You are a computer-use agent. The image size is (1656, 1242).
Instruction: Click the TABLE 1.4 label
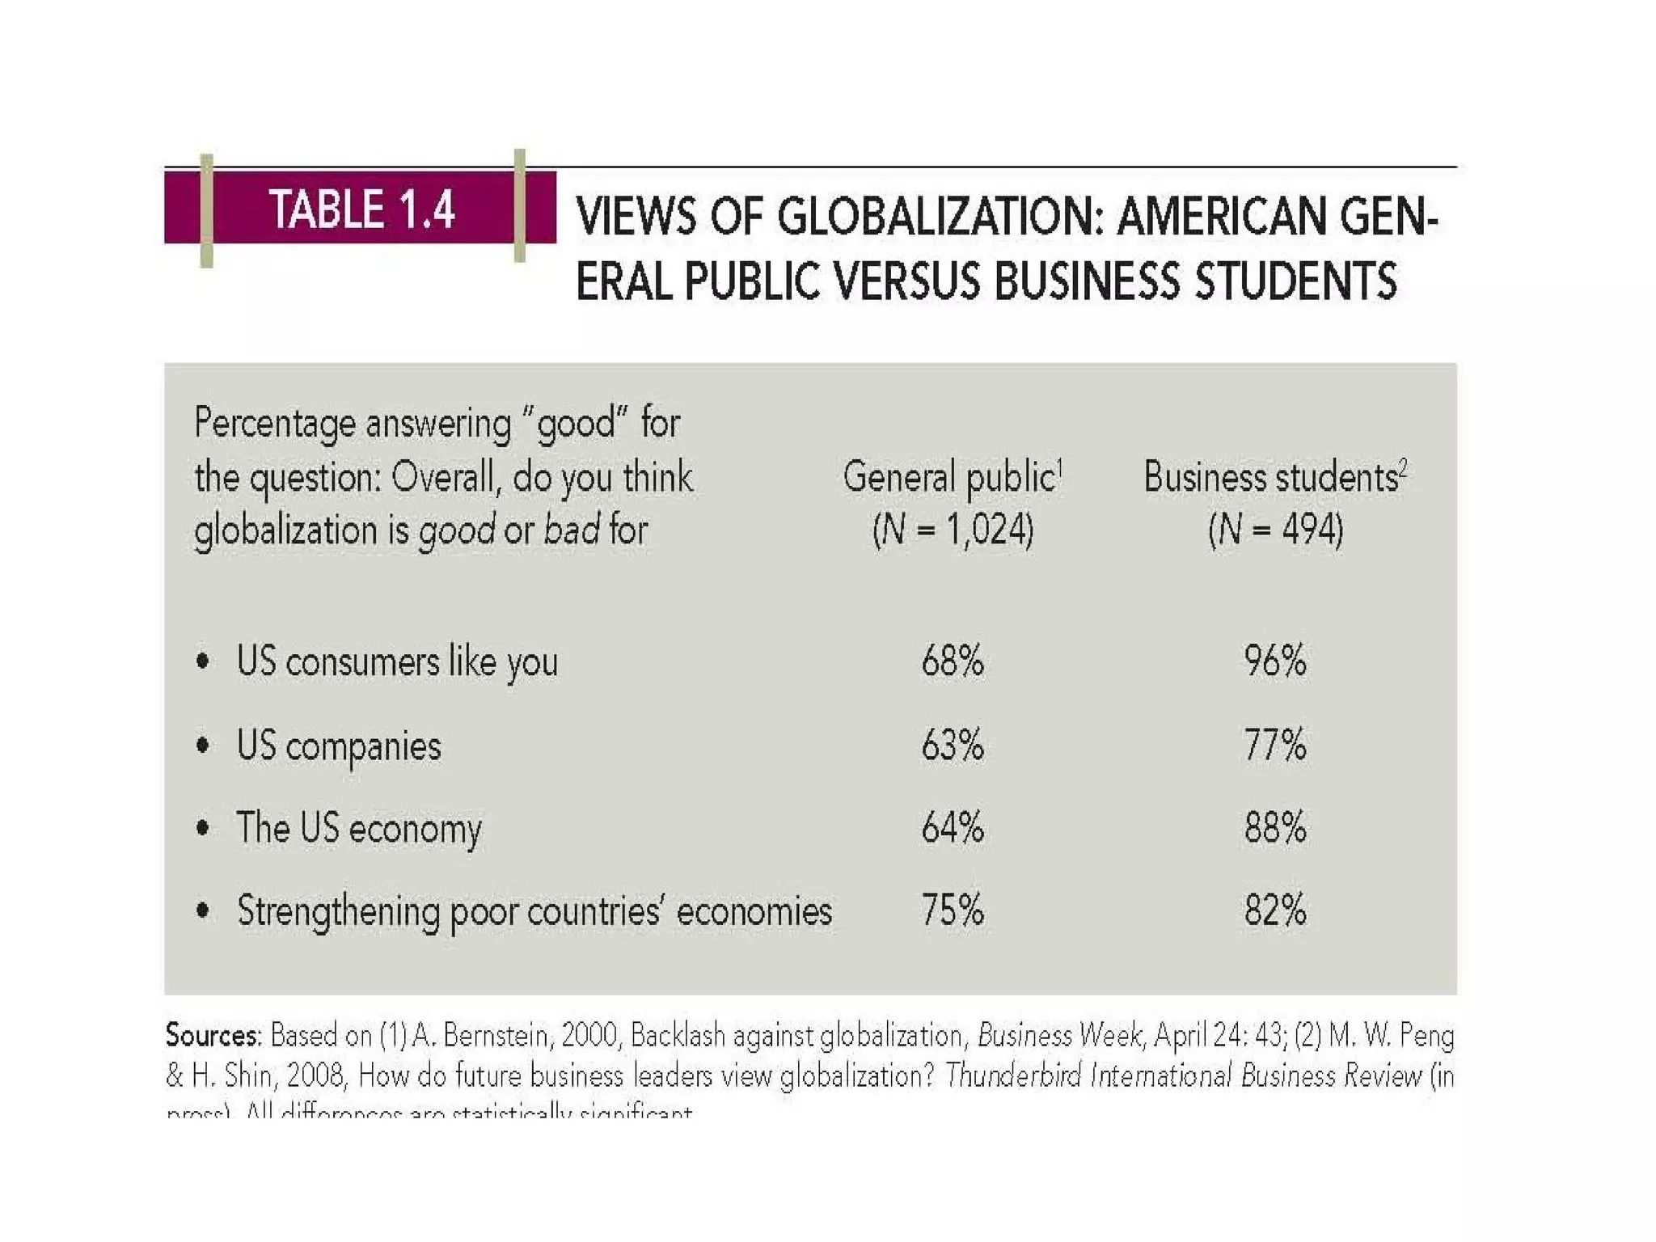361,209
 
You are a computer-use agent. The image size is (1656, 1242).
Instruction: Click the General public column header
952,477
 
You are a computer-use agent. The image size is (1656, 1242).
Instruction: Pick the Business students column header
1275,477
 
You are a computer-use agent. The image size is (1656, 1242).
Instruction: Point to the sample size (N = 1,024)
953,530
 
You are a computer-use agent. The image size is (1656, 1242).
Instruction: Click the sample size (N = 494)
1275,530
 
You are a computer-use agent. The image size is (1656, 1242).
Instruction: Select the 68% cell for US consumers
953,661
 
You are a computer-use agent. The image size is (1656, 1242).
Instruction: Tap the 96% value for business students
1275,661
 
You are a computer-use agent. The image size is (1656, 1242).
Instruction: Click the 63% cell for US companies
953,745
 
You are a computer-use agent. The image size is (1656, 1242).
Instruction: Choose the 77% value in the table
1275,745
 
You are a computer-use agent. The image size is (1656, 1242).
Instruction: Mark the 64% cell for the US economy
953,828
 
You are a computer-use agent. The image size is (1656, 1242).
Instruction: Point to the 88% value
1275,828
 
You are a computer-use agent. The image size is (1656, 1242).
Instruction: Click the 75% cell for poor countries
953,910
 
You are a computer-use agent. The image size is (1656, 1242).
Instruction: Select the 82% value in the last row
1275,910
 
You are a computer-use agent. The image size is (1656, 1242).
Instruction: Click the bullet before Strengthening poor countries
203,911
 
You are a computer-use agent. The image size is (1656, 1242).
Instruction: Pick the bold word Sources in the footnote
213,1036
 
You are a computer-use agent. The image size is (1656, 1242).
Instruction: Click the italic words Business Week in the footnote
1059,1036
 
